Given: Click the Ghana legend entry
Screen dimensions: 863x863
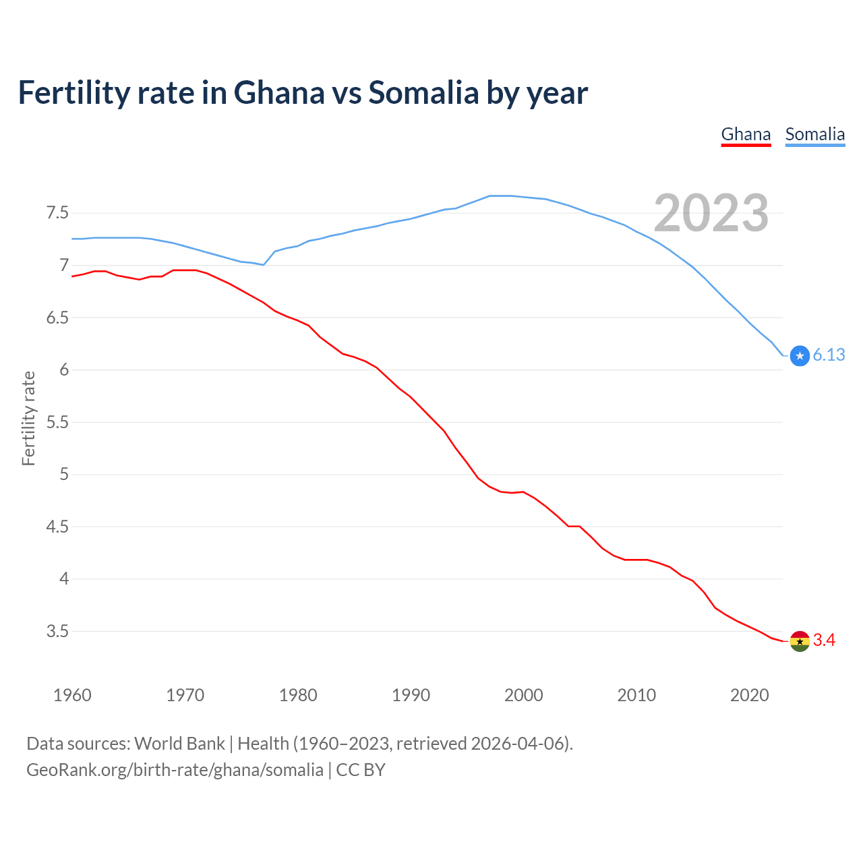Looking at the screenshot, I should click(x=746, y=134).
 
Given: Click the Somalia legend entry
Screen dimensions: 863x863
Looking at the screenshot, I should click(x=814, y=134).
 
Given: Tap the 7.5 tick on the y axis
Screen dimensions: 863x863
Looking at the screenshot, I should click(x=57, y=213).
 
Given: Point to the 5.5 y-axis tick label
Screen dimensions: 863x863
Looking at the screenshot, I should click(x=57, y=422).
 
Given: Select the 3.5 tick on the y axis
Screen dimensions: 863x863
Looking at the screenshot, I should click(x=57, y=632).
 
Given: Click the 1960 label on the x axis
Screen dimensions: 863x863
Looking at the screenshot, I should click(x=72, y=695).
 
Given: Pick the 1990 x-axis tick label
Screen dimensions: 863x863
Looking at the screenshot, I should click(x=411, y=695).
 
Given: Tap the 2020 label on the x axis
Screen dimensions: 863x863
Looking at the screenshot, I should click(x=749, y=695).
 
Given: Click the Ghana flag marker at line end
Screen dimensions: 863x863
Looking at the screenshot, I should click(x=800, y=641).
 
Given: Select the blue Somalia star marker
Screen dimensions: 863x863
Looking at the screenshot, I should click(x=800, y=355).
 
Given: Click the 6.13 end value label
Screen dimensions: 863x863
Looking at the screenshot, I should click(x=829, y=355).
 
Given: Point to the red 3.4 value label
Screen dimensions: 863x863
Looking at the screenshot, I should click(x=824, y=641).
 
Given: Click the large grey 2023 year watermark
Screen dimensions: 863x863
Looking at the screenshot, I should click(x=711, y=213).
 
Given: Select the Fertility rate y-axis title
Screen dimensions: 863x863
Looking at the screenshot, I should click(x=28, y=418).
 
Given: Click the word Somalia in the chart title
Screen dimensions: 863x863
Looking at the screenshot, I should click(x=423, y=93).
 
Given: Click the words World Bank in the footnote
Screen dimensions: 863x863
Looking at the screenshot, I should click(x=179, y=744).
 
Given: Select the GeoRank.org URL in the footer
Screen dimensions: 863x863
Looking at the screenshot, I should click(x=175, y=770).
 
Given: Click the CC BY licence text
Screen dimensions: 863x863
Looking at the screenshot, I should click(x=361, y=770).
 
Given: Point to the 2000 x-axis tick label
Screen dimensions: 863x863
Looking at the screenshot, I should click(x=523, y=695).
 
